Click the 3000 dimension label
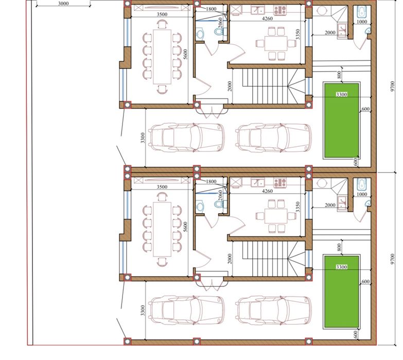point(63,3)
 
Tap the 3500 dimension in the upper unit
point(162,14)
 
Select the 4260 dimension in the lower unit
point(267,191)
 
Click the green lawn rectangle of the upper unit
point(342,121)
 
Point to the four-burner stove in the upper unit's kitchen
point(280,10)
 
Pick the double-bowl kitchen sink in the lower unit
point(258,182)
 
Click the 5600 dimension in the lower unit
point(186,227)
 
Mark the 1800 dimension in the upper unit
point(211,9)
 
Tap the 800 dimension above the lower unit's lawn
point(339,247)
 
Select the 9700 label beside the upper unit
point(392,87)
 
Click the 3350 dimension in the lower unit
point(298,207)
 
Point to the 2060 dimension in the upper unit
point(220,23)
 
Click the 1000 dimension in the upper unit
point(362,22)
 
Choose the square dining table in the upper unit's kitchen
point(276,44)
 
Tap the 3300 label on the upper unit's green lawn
point(342,94)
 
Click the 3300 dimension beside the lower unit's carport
point(143,311)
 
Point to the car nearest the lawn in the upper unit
point(273,138)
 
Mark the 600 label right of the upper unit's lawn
point(365,109)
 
